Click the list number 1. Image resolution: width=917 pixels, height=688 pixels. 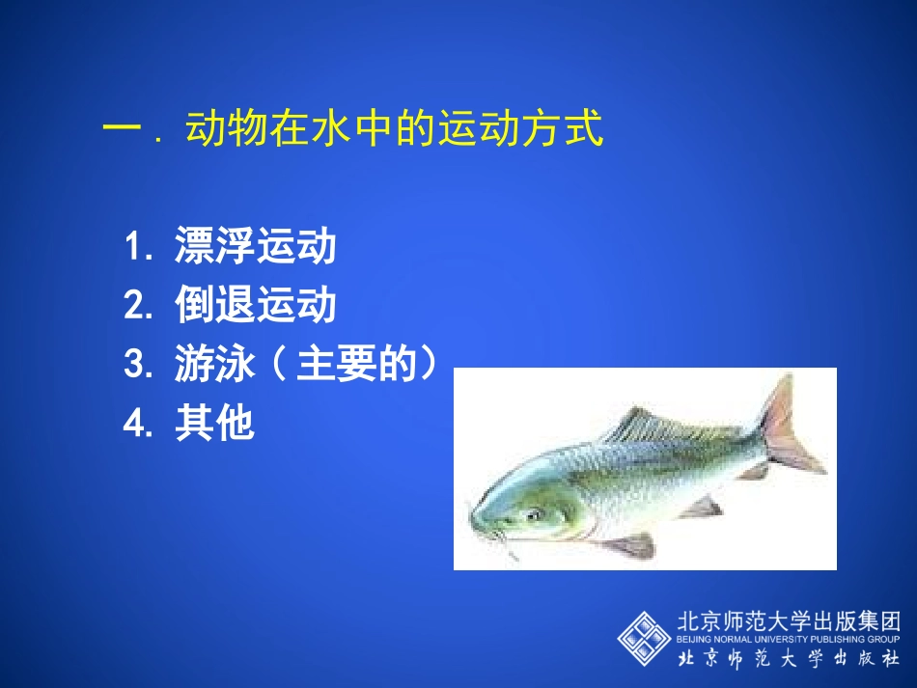[x=136, y=248]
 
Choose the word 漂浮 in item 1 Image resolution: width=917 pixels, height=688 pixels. [x=215, y=248]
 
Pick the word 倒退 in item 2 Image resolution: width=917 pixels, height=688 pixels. [x=215, y=307]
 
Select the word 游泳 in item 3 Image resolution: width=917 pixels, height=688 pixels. [x=215, y=366]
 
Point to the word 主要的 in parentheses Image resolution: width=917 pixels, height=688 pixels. [x=357, y=366]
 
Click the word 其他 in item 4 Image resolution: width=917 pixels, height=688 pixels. [x=215, y=424]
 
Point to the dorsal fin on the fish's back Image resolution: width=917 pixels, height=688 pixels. [x=656, y=425]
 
